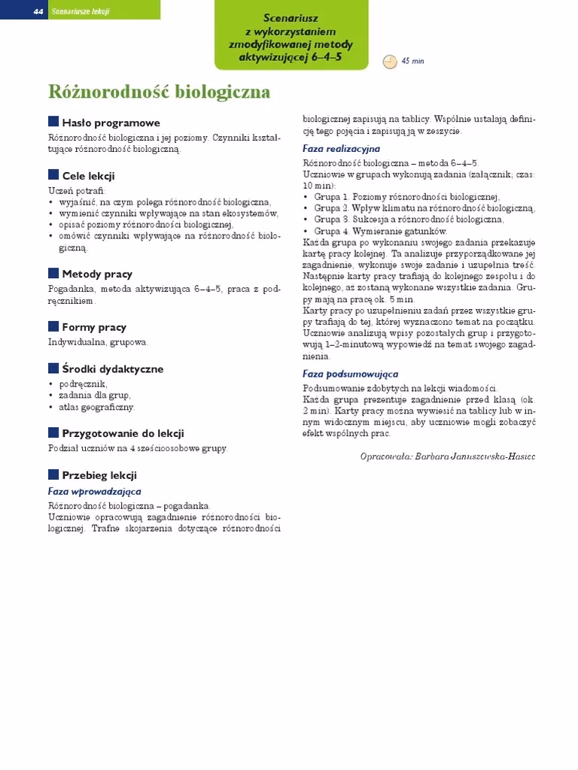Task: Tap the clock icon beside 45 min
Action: [x=390, y=61]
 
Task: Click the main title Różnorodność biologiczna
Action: [x=160, y=92]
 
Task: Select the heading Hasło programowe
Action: [x=111, y=123]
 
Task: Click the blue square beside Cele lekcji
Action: [x=53, y=175]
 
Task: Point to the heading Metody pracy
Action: [x=97, y=273]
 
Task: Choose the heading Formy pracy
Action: [x=94, y=327]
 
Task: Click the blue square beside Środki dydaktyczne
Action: [x=53, y=368]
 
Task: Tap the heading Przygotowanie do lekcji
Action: [x=123, y=433]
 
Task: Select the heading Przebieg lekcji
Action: [x=99, y=475]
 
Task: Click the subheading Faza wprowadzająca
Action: [x=95, y=491]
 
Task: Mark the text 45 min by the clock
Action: [x=413, y=61]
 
